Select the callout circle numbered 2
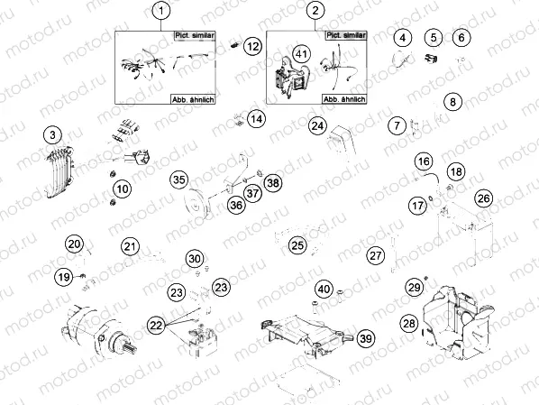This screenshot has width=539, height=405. click(315, 11)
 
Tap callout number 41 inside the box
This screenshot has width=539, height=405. click(302, 55)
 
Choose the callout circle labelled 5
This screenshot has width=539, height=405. click(434, 38)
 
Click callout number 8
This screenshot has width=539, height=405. click(453, 102)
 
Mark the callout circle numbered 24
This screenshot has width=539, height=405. click(317, 126)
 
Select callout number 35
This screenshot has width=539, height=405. click(179, 179)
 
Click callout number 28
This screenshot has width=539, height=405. click(409, 323)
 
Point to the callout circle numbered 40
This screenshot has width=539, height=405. click(324, 290)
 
